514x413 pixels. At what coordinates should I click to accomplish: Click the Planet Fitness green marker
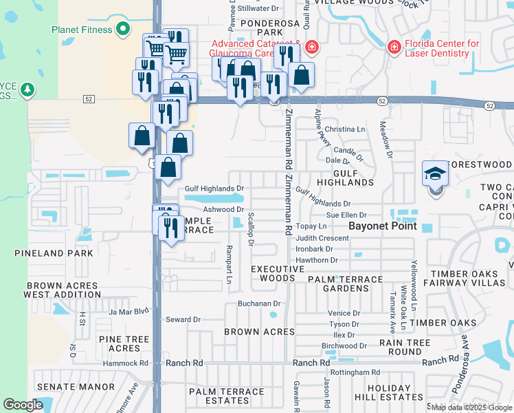(x=123, y=29)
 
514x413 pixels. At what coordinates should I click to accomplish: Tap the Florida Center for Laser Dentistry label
(x=440, y=48)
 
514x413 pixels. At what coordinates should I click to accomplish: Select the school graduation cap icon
(x=435, y=173)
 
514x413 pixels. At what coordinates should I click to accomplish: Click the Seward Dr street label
(x=183, y=319)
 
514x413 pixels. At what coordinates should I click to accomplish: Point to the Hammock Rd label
(x=126, y=363)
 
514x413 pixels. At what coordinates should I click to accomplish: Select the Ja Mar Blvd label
(x=128, y=311)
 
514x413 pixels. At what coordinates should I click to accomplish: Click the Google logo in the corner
(x=23, y=405)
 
